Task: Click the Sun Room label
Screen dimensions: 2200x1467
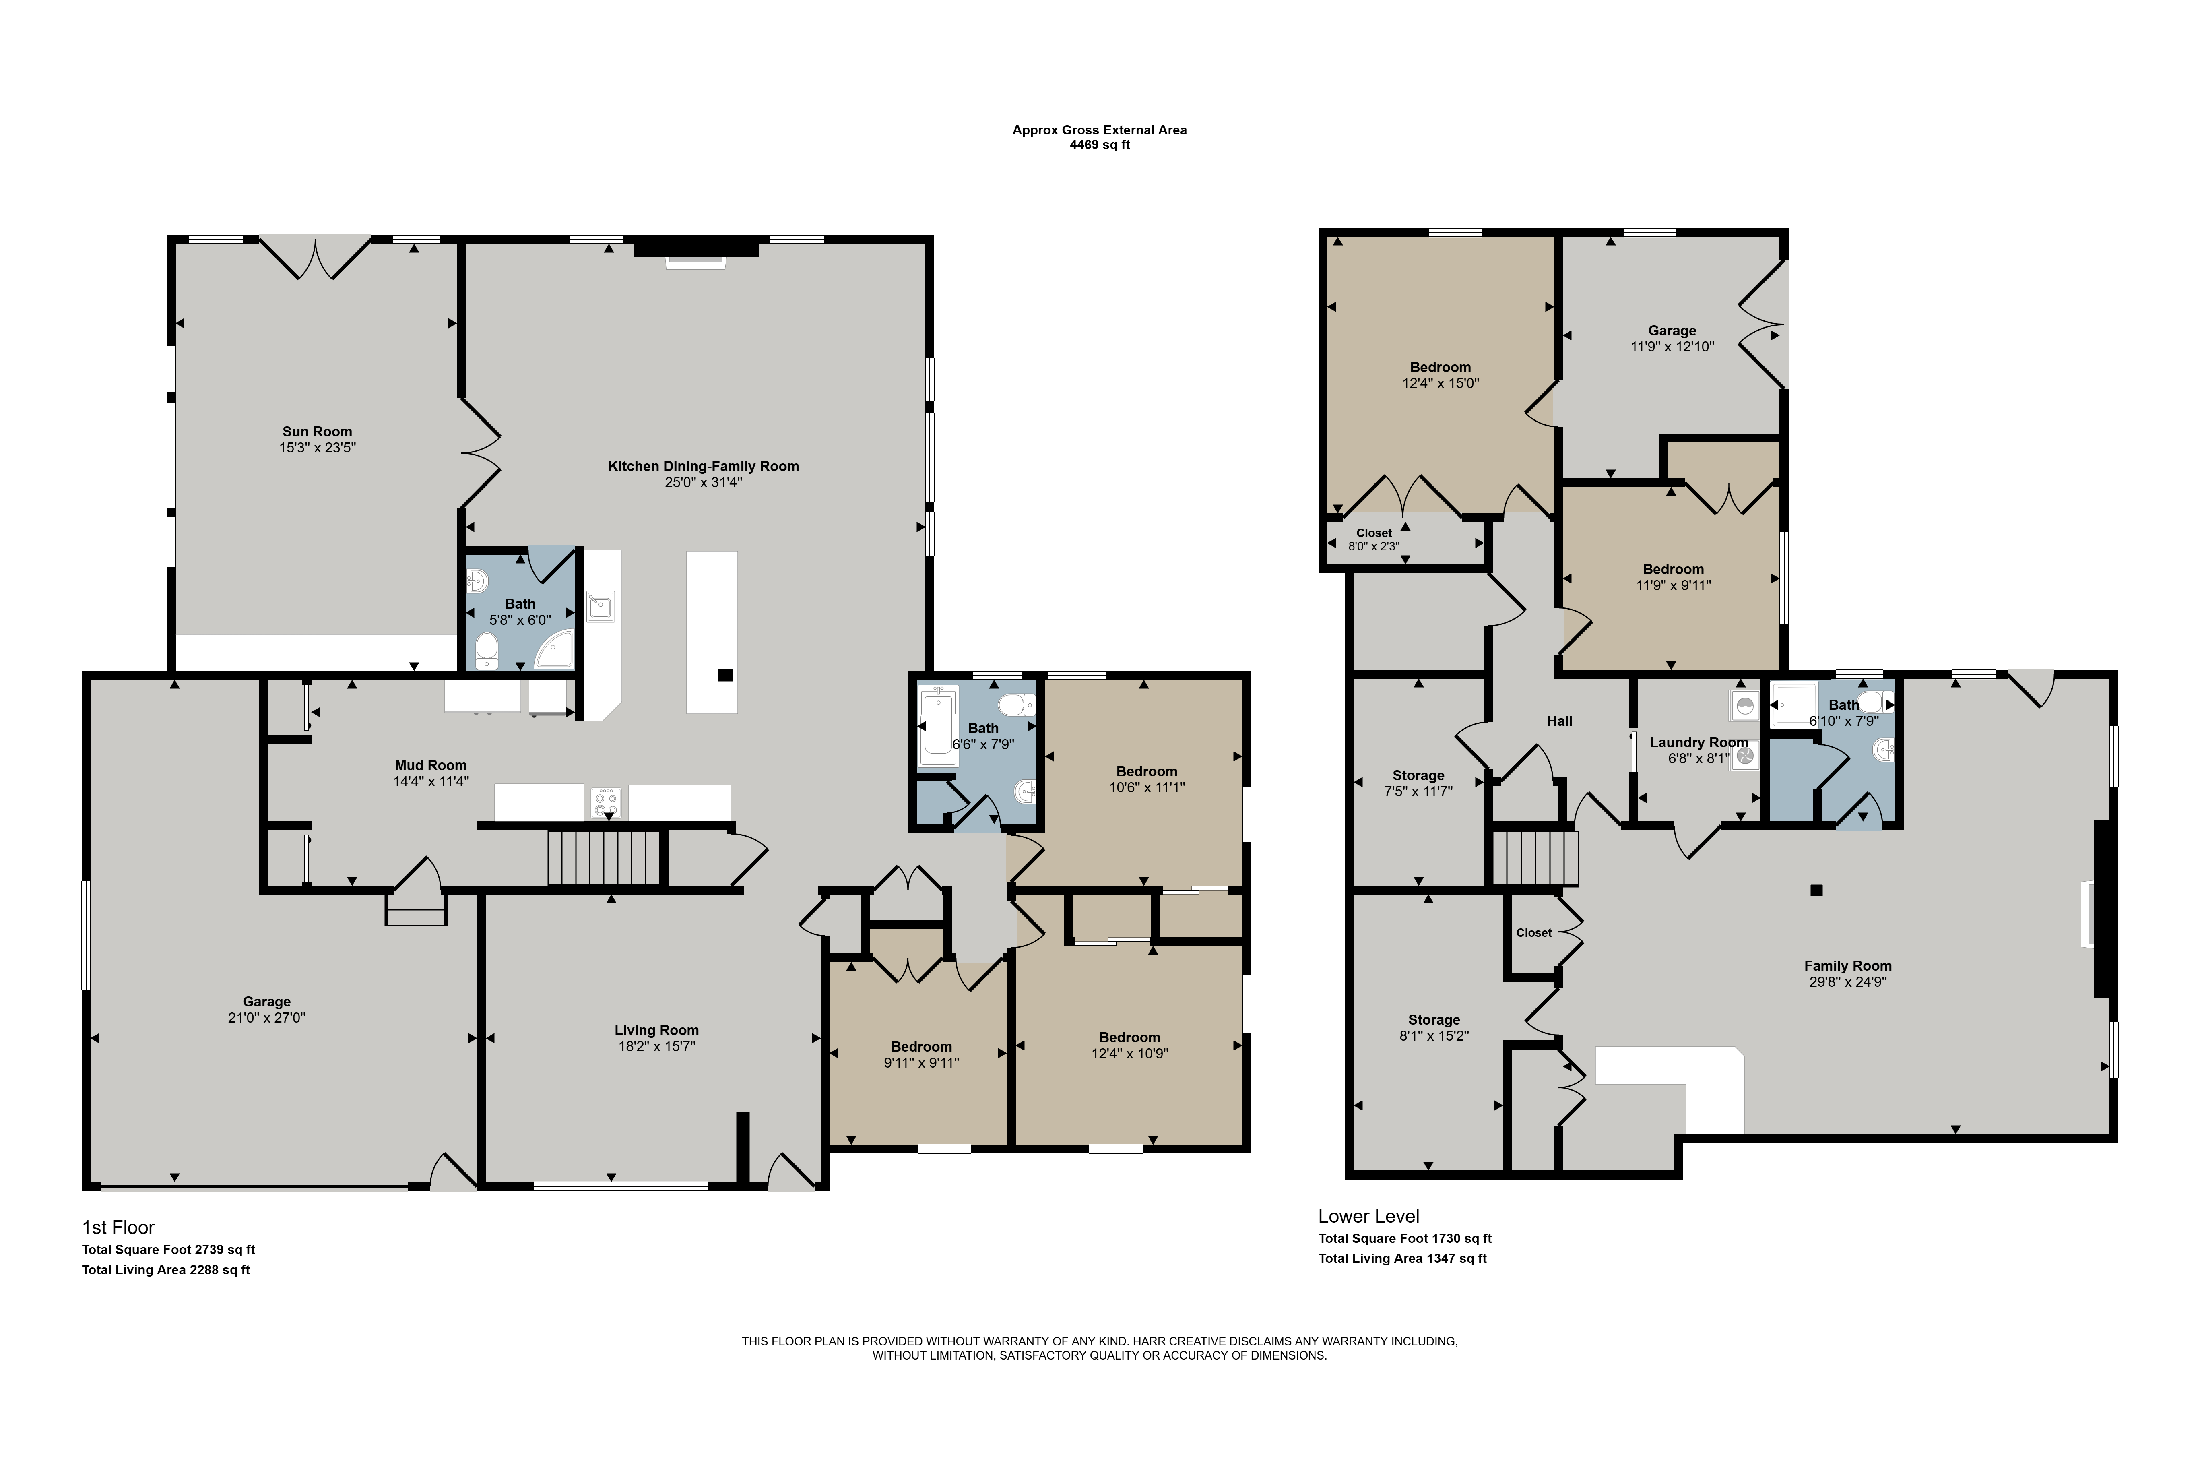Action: coord(317,431)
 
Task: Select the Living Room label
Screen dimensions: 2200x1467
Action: coord(656,1030)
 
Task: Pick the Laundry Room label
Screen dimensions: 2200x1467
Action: coord(1698,742)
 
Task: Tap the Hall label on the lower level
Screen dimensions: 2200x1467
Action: coord(1559,720)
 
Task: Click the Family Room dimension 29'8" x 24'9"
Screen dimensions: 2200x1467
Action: coord(1847,981)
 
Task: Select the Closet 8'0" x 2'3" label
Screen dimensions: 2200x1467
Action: coord(1374,539)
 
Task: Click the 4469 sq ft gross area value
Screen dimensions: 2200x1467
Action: coord(1100,145)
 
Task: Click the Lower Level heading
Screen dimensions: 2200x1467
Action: coord(1368,1216)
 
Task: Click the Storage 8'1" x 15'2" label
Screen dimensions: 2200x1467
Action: coord(1434,1027)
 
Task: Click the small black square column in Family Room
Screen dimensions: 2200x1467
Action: coord(1816,890)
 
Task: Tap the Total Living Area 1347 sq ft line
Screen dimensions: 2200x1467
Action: coord(1402,1258)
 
